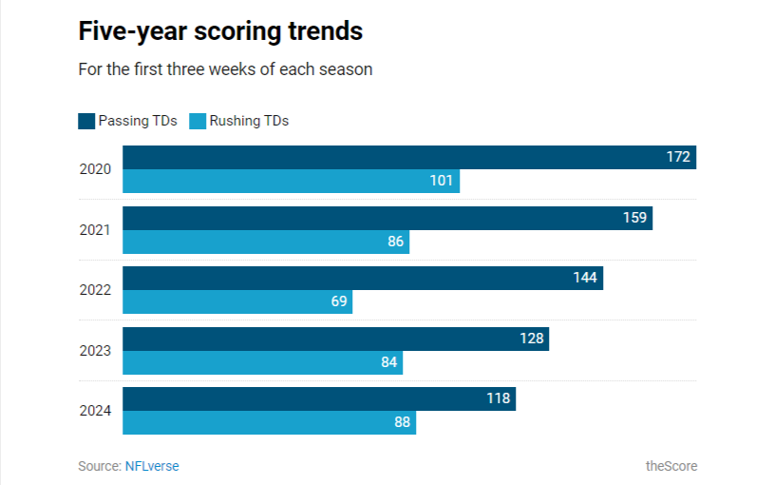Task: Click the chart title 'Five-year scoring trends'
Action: (220, 31)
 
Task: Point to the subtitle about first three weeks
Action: (224, 69)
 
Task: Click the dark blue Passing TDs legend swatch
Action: (86, 121)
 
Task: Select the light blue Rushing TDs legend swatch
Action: (198, 121)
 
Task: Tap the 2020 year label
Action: (95, 169)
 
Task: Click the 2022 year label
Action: (95, 290)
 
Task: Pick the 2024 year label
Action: (95, 411)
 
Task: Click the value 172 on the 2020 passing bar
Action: (677, 157)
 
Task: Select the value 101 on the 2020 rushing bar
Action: (441, 181)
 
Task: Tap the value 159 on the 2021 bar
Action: (634, 218)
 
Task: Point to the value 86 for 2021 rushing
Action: (395, 242)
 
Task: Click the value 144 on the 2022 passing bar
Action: (585, 278)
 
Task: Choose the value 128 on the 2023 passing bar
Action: (531, 339)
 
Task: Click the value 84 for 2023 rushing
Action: (388, 362)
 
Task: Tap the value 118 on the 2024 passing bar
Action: (498, 398)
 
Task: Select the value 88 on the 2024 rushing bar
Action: (402, 423)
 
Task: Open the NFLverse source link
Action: (152, 466)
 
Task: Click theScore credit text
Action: (671, 466)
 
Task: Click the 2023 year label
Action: (95, 351)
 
